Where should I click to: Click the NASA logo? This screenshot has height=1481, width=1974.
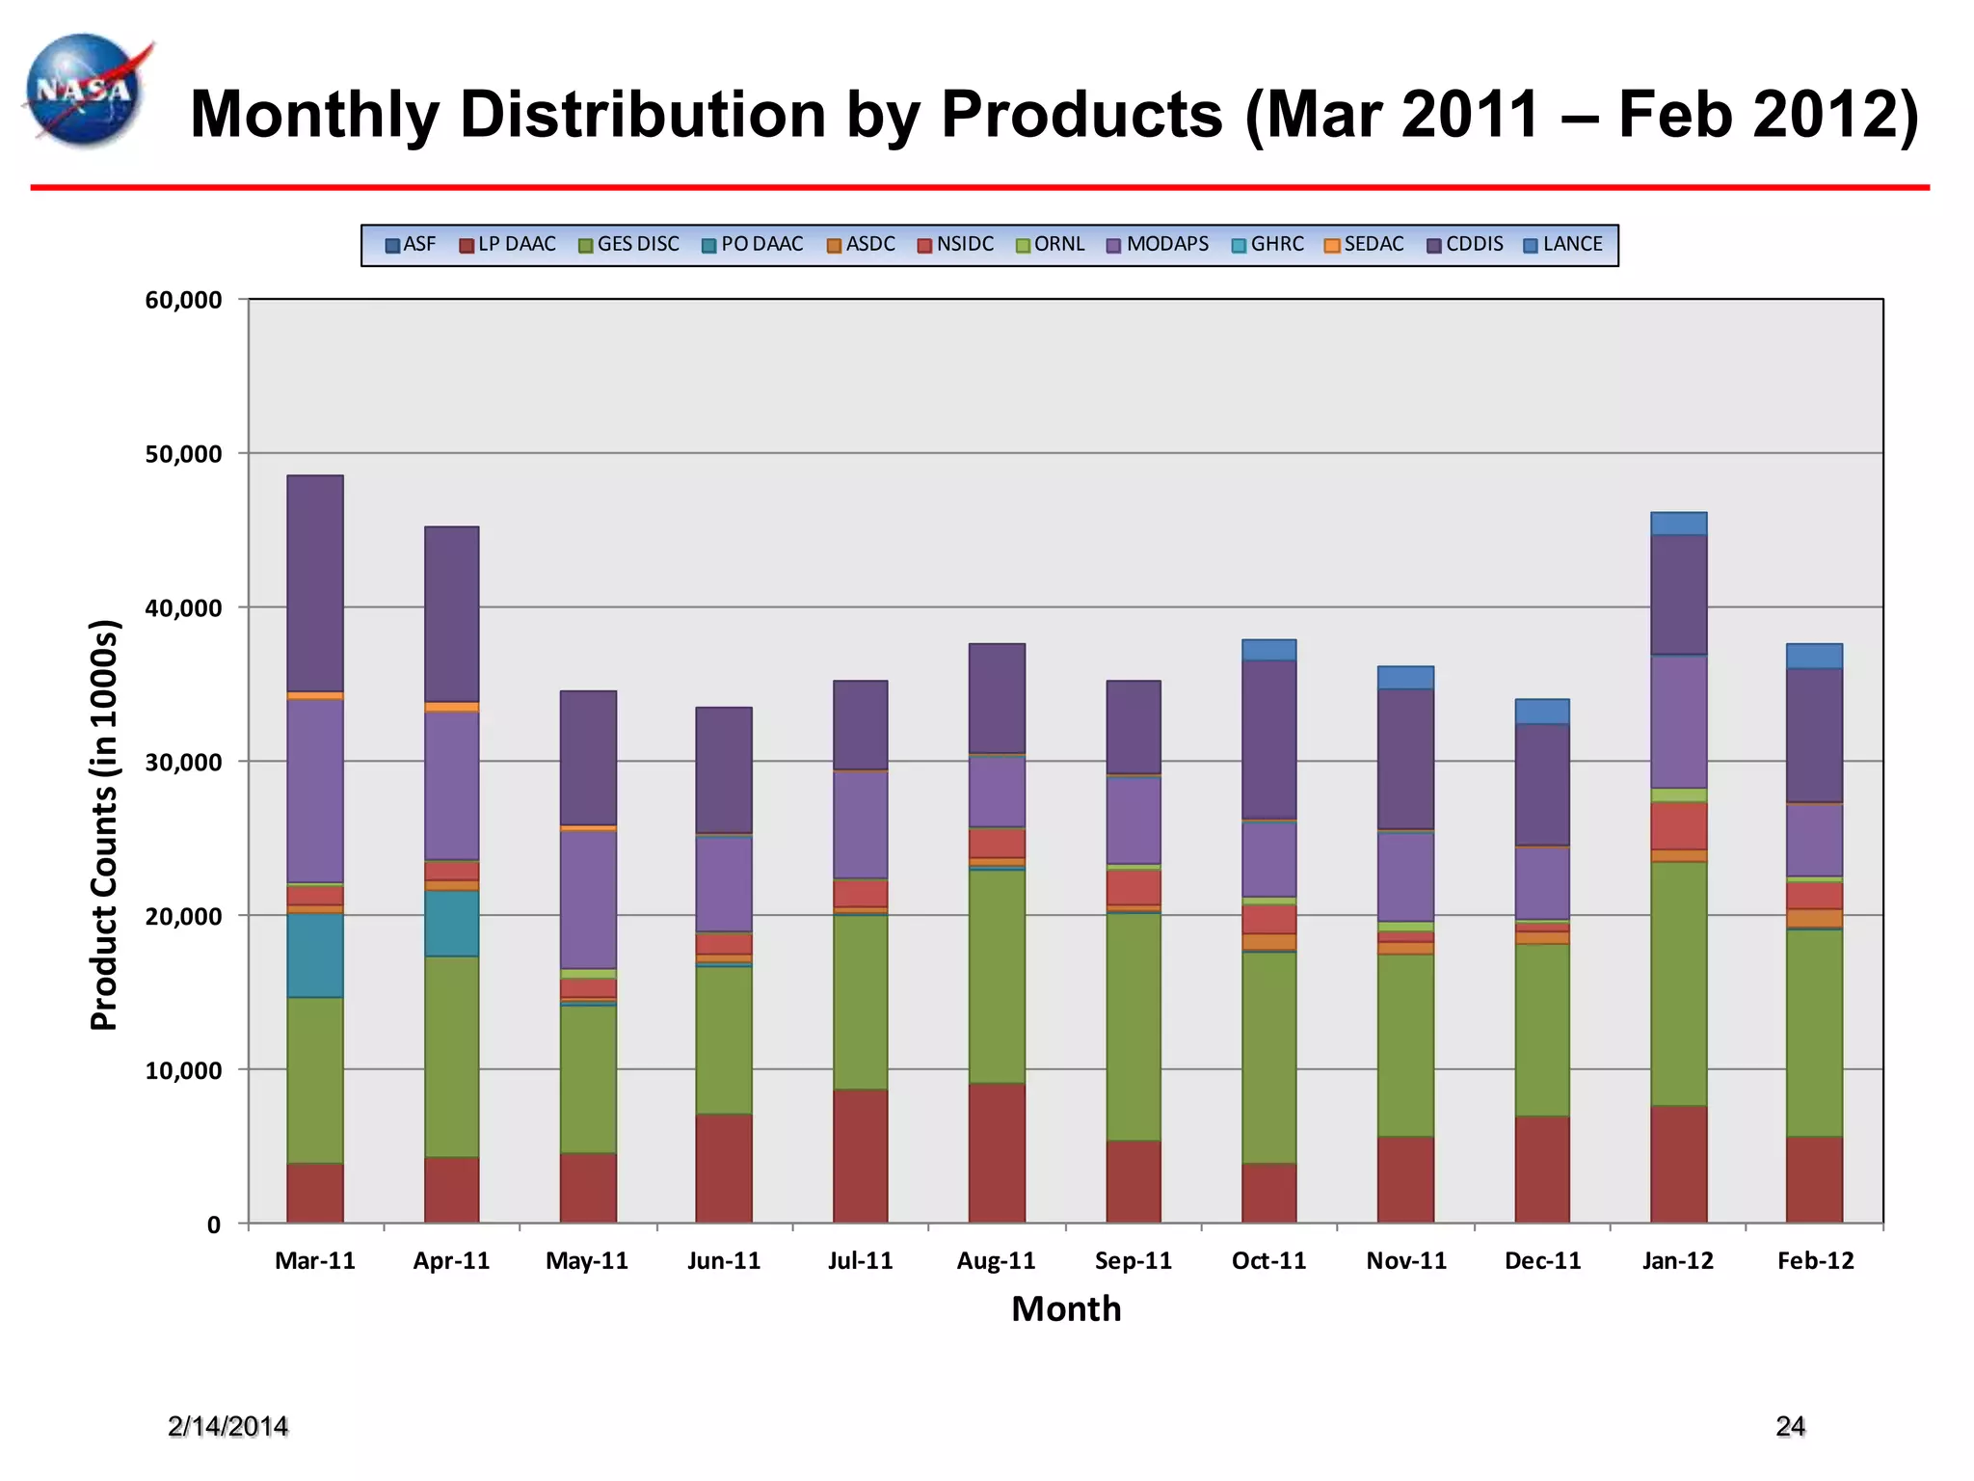87,92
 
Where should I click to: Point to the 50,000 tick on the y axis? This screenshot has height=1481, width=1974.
183,454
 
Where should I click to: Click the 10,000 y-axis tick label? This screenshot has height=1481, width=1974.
183,1070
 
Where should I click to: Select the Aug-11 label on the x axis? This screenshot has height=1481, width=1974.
996,1261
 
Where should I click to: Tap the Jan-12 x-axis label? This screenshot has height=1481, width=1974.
1678,1261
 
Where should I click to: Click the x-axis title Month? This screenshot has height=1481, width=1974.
1066,1309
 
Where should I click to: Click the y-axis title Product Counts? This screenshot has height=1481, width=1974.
104,825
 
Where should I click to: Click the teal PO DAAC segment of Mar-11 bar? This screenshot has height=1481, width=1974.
314,955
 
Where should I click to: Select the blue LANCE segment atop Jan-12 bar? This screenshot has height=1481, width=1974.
1678,524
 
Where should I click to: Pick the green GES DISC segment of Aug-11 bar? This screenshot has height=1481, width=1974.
997,976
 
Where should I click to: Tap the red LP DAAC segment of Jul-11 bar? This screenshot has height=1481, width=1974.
860,1156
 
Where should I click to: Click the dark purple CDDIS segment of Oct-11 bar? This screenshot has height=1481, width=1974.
1268,740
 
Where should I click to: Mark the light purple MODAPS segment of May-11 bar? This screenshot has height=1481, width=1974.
588,899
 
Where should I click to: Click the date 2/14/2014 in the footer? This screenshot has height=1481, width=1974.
227,1427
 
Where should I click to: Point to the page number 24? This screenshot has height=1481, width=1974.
1790,1427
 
